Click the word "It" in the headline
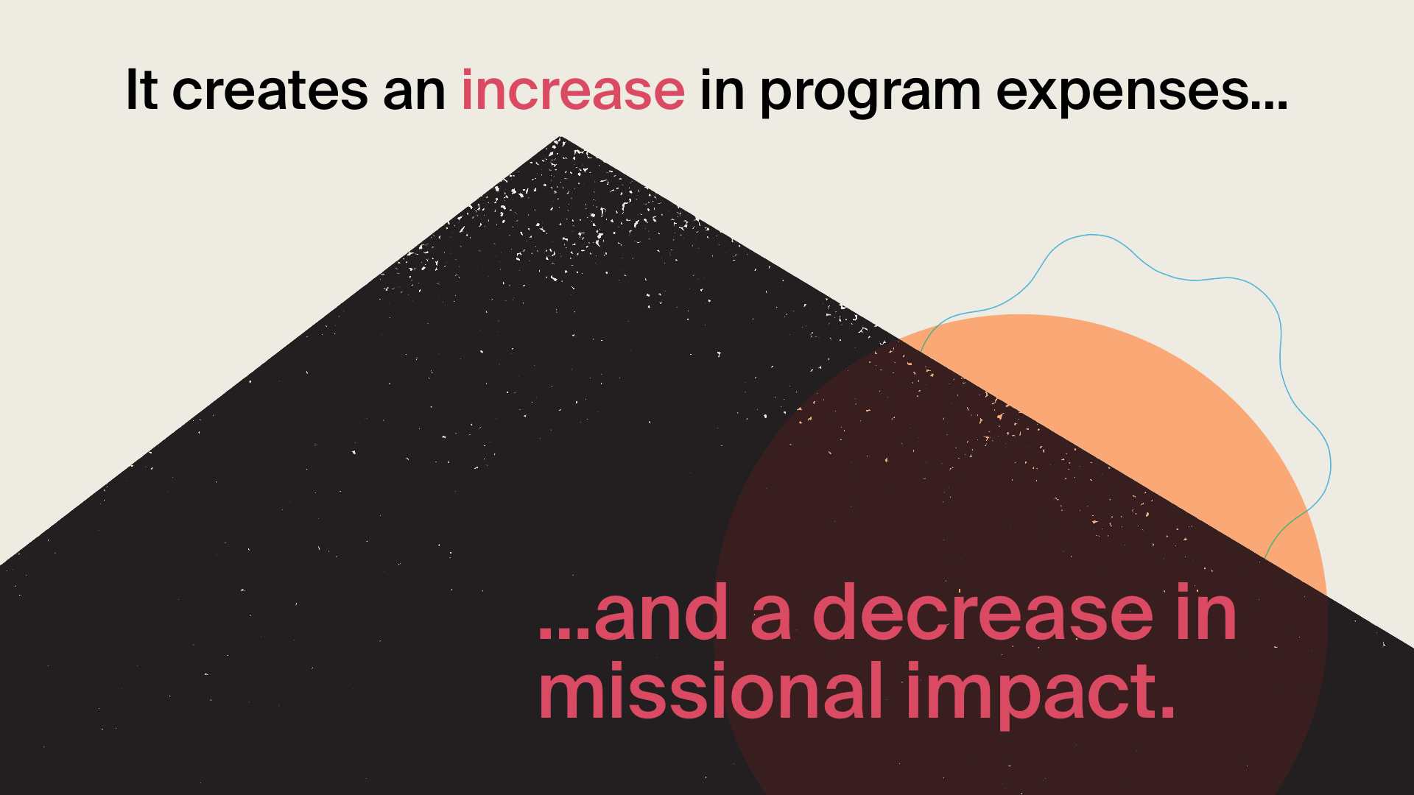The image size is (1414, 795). (x=141, y=90)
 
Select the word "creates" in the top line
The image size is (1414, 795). (x=270, y=91)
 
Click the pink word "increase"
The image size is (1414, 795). (x=573, y=91)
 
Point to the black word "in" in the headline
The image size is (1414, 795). (x=722, y=91)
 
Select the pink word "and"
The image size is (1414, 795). (x=661, y=610)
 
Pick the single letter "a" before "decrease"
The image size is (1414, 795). (x=771, y=618)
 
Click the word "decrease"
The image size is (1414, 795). (x=983, y=610)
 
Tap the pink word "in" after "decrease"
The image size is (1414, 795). (x=1207, y=610)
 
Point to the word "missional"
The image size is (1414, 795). (x=711, y=689)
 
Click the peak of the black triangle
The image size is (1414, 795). (x=560, y=137)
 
